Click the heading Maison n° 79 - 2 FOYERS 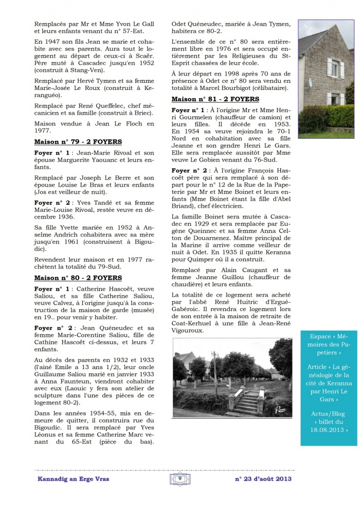click(78, 141)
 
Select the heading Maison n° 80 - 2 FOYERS click(78, 278)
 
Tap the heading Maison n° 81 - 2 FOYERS click(215, 99)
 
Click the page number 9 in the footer click(180, 478)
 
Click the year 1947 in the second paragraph click(52, 40)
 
